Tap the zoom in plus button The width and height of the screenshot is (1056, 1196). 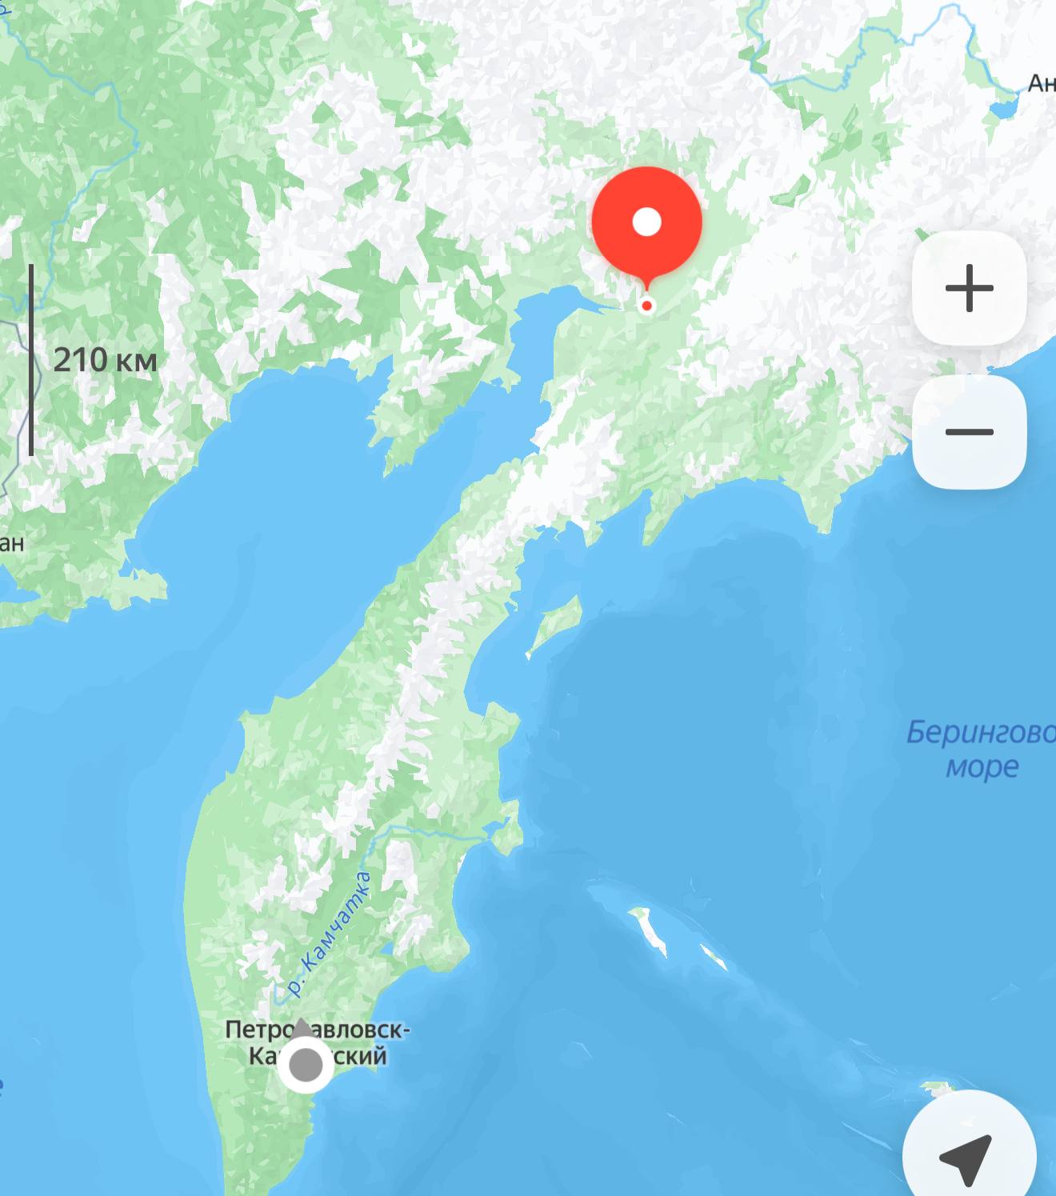(x=969, y=288)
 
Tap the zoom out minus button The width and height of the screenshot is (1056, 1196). (x=969, y=432)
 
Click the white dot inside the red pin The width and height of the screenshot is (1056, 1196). (x=646, y=222)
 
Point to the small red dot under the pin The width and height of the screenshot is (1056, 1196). (x=647, y=306)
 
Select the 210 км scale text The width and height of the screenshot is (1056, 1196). (x=105, y=360)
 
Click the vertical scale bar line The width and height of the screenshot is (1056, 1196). (x=31, y=360)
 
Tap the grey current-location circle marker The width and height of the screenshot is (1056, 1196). (x=305, y=1065)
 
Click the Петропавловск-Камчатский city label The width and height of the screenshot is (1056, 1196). (x=317, y=1042)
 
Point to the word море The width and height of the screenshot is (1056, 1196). (x=982, y=766)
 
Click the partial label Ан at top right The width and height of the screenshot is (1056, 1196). (x=1041, y=82)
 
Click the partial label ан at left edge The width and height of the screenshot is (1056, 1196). (x=12, y=542)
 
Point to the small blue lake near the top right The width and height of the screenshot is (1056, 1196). (x=1002, y=108)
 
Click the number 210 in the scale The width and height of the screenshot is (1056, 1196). (x=79, y=360)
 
